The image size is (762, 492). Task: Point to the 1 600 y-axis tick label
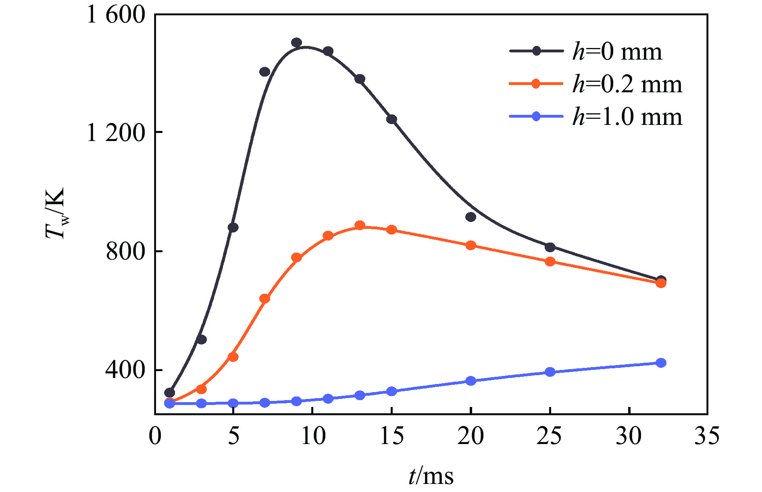pos(116,15)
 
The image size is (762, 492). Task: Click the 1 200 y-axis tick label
pos(116,133)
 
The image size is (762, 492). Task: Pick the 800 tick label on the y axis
pos(125,251)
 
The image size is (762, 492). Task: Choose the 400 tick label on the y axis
pos(125,370)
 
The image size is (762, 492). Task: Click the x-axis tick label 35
pos(707,436)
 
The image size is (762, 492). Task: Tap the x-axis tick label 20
pos(471,436)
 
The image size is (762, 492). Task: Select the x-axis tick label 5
pos(233,436)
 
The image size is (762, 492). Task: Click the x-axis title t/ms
pos(431,476)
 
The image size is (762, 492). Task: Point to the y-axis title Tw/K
pos(55,214)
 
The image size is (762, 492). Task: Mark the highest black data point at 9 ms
pos(296,43)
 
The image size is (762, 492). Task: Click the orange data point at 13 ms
pos(360,226)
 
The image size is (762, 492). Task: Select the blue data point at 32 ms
pos(661,363)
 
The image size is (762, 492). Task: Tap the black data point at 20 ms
pos(471,217)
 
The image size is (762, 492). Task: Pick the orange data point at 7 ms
pos(264,299)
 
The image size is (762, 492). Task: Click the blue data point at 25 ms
pos(550,372)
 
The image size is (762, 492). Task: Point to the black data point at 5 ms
pos(233,227)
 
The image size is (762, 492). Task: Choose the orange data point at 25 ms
pos(550,262)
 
